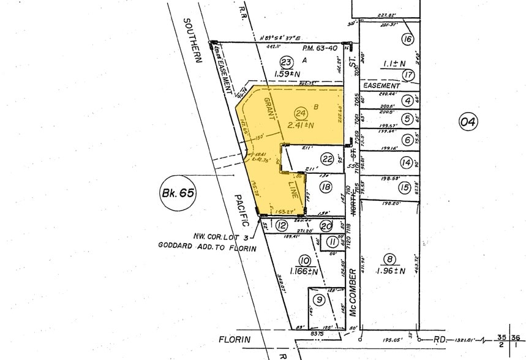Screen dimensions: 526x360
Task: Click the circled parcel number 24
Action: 300,113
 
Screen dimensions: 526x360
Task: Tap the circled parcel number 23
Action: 285,62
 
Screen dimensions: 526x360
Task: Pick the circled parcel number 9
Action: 318,299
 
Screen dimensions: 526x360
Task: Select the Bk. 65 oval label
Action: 178,193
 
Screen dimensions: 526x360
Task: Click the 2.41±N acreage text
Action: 300,126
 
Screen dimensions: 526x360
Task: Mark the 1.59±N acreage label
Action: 285,74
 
